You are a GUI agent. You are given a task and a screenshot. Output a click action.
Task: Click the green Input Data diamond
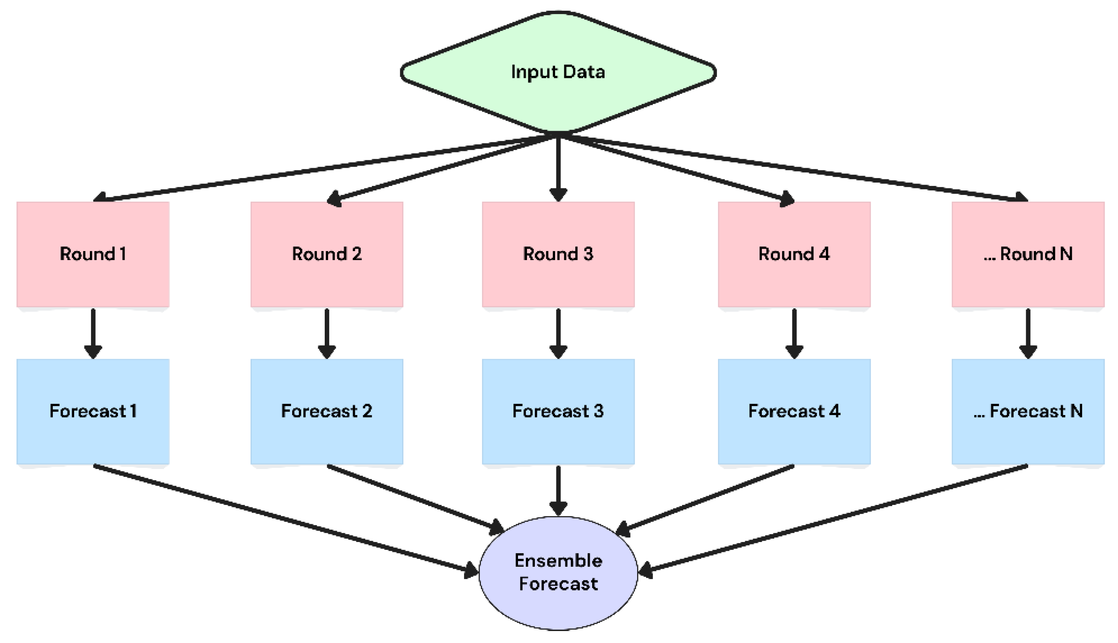[558, 72]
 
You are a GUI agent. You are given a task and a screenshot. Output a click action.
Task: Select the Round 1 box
[93, 254]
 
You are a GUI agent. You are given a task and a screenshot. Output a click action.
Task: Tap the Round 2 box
[327, 254]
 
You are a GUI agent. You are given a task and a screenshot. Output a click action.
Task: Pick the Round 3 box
[558, 254]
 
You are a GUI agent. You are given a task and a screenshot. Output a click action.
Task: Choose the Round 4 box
[794, 254]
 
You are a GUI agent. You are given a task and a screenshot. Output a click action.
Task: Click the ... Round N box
[1028, 254]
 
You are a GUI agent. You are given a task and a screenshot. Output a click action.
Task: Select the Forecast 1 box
[93, 411]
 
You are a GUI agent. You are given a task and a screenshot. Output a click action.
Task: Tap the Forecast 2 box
[327, 411]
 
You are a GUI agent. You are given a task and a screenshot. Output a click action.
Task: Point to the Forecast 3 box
[558, 411]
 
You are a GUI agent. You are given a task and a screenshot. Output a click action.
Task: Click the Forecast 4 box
[794, 411]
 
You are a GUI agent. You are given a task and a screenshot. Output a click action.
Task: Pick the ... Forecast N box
[1028, 411]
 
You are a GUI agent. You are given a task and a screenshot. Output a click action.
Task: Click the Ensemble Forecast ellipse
[558, 573]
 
